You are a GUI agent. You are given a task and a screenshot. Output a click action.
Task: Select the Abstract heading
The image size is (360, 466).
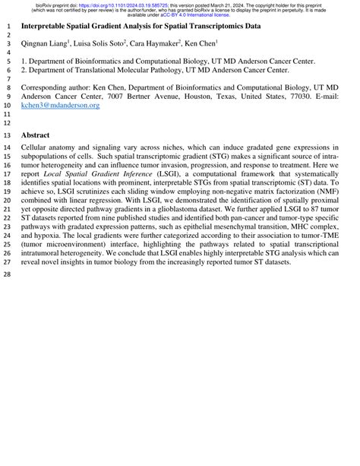[x=36, y=135]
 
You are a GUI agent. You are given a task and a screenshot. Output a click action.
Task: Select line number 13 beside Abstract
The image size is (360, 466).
[x=7, y=135]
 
